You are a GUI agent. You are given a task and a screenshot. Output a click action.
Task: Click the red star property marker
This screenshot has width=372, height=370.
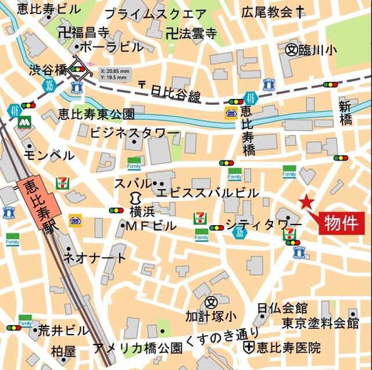(306, 203)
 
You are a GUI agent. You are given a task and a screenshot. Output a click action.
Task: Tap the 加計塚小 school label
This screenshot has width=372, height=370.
(211, 317)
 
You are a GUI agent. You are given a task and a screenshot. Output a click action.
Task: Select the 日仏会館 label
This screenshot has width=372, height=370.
(282, 308)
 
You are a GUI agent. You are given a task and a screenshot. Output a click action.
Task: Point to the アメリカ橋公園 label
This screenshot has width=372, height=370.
(138, 348)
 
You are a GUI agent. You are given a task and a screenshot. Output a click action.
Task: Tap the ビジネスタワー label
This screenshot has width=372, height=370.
(134, 133)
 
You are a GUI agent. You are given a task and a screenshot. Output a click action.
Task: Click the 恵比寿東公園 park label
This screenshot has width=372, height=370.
(96, 113)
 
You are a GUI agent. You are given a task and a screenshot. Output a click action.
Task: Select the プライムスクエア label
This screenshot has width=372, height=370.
(155, 14)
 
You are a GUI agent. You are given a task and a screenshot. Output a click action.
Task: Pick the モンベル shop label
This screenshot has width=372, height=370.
(49, 155)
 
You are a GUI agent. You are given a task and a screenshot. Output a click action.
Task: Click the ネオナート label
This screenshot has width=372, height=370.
(94, 258)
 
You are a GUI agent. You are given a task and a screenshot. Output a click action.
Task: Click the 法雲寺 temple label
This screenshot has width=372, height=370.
(191, 33)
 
